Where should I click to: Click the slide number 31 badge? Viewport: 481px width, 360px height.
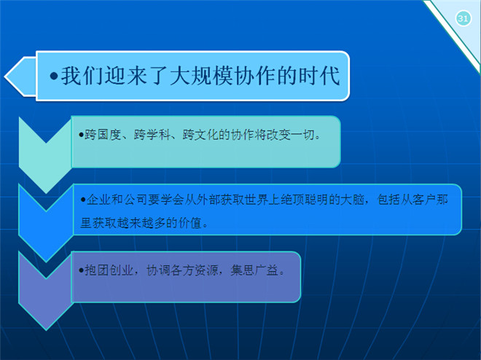coord(463,18)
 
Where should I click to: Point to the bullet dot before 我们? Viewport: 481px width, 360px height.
coord(54,76)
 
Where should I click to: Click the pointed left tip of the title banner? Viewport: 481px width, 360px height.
coord(5,77)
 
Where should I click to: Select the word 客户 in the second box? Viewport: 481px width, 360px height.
coord(424,200)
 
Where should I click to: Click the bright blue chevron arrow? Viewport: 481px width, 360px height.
coord(46,223)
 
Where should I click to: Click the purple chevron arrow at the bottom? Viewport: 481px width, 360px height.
coord(46,291)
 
